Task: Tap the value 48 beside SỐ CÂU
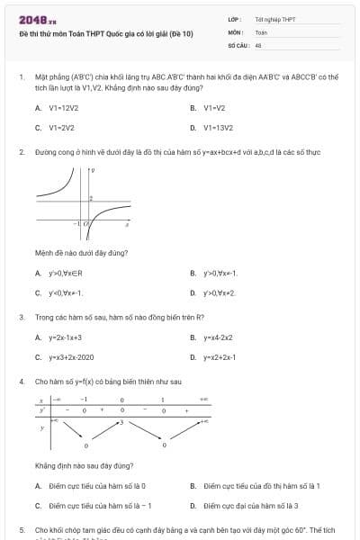[x=258, y=44]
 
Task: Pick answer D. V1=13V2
[x=211, y=128]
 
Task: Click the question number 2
[x=21, y=152]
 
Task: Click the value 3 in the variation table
[x=121, y=422]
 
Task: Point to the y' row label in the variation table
[x=41, y=409]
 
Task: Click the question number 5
[x=21, y=530]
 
